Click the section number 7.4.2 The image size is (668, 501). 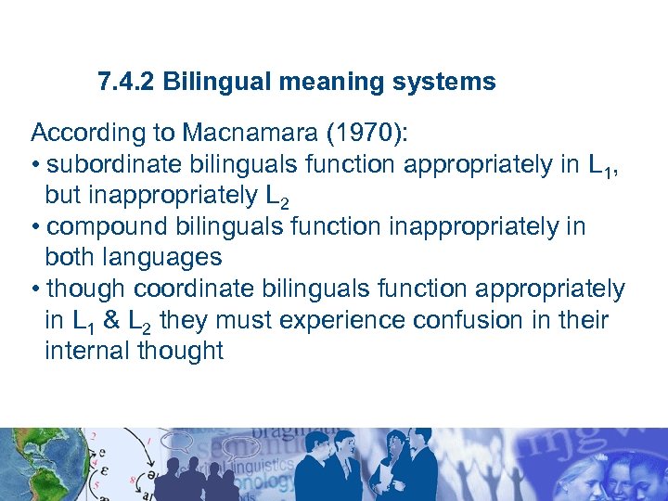pos(127,83)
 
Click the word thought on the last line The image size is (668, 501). pos(180,352)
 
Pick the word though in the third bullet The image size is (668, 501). pos(79,289)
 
